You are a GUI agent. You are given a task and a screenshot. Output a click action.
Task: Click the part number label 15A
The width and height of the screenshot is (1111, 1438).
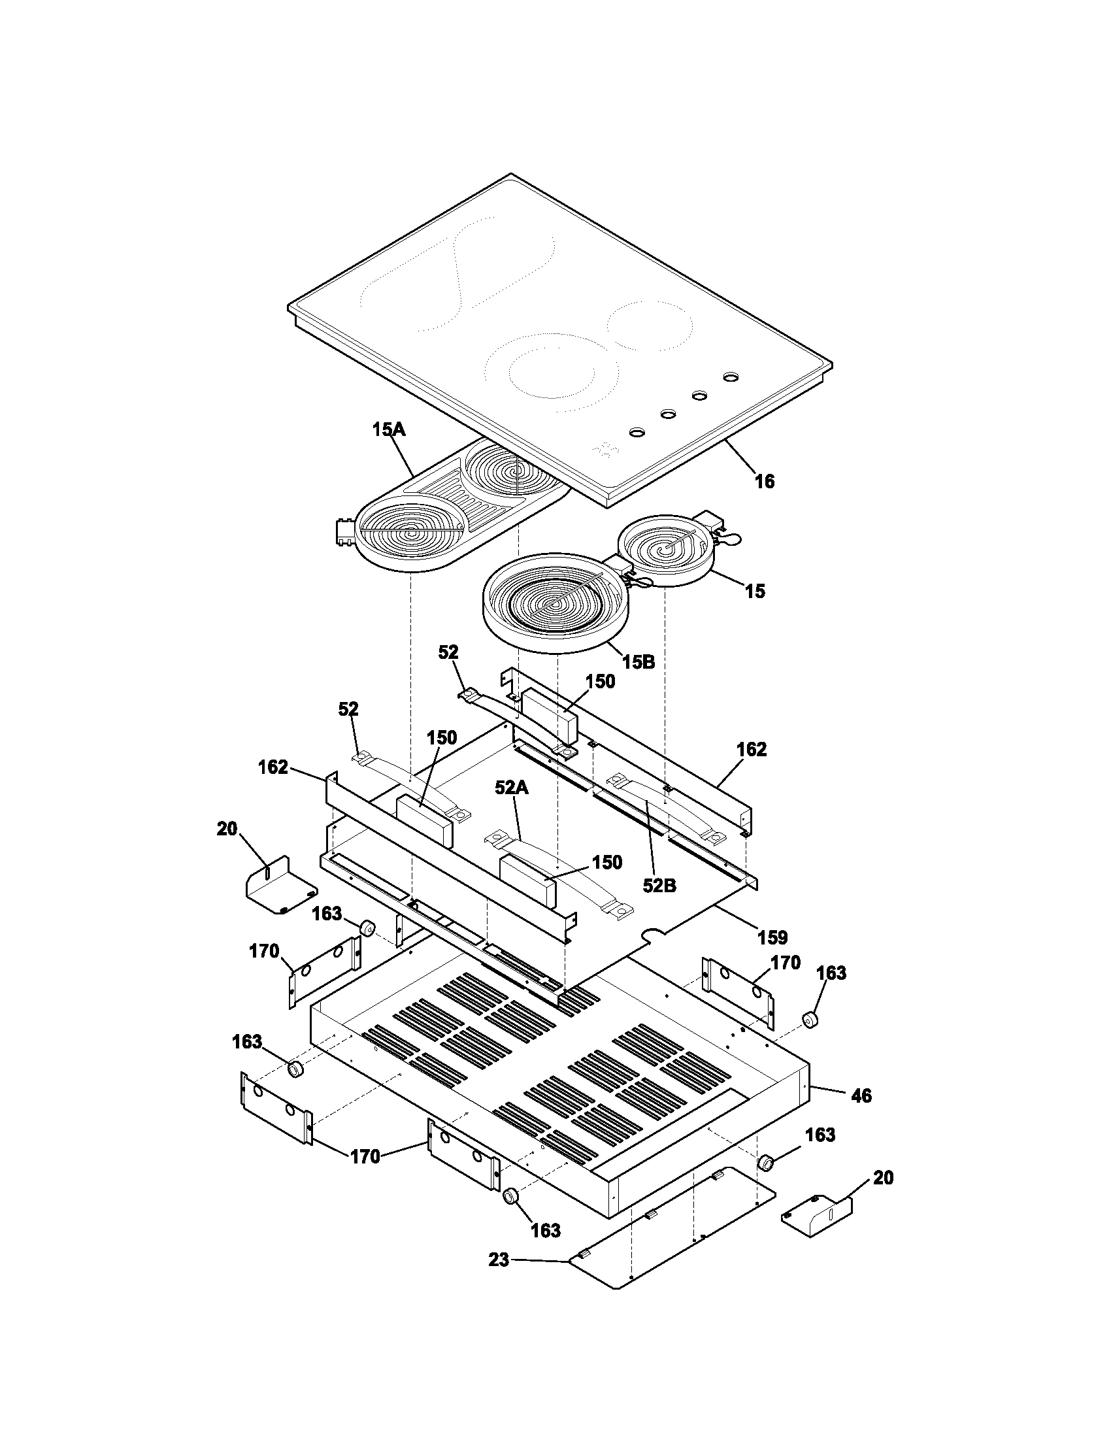[388, 430]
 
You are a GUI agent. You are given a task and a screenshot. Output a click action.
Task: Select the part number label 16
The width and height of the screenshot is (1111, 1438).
[764, 481]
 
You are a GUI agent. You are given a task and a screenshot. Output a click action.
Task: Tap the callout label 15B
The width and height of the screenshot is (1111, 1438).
[638, 661]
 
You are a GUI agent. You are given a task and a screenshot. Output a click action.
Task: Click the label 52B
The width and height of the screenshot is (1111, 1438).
[659, 886]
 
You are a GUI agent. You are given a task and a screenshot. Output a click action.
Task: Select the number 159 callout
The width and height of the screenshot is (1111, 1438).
[772, 937]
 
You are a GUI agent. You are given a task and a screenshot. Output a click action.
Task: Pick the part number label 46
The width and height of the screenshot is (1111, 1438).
[861, 1095]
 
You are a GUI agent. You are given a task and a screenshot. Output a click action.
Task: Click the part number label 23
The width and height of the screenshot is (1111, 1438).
[499, 1260]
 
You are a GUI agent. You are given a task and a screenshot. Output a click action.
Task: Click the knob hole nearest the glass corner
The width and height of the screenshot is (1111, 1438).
[637, 433]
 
